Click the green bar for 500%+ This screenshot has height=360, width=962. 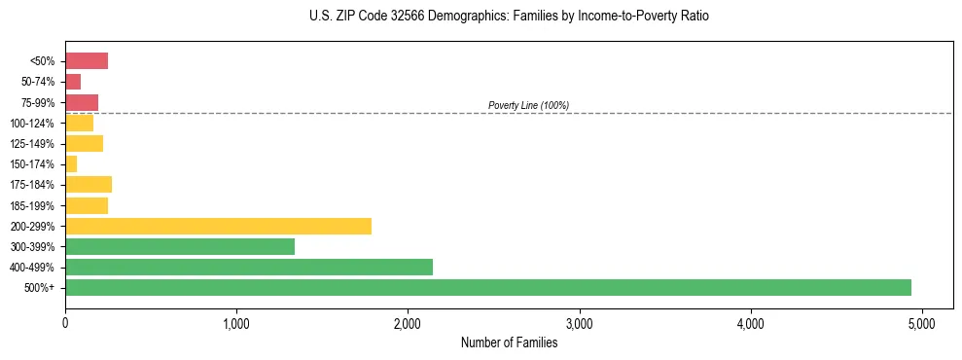point(487,287)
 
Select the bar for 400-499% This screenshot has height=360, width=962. point(249,267)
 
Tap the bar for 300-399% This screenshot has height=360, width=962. point(180,246)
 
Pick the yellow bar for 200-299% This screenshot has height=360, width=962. point(218,226)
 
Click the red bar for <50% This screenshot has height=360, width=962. point(87,61)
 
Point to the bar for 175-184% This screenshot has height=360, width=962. point(89,185)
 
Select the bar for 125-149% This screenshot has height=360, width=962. point(84,144)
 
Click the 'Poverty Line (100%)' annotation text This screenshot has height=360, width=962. point(528,105)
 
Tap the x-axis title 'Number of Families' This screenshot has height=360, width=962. point(509,342)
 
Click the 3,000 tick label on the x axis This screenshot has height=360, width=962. point(579,323)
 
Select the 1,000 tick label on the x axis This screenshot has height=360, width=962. point(236,323)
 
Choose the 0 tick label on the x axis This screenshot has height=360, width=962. point(65,323)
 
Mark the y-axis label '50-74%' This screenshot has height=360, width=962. point(39,82)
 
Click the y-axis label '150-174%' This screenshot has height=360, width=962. point(34,164)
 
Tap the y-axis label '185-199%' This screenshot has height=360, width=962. point(34,205)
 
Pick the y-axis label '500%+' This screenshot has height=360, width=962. point(41,288)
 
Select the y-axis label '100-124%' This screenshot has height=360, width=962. point(34,124)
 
